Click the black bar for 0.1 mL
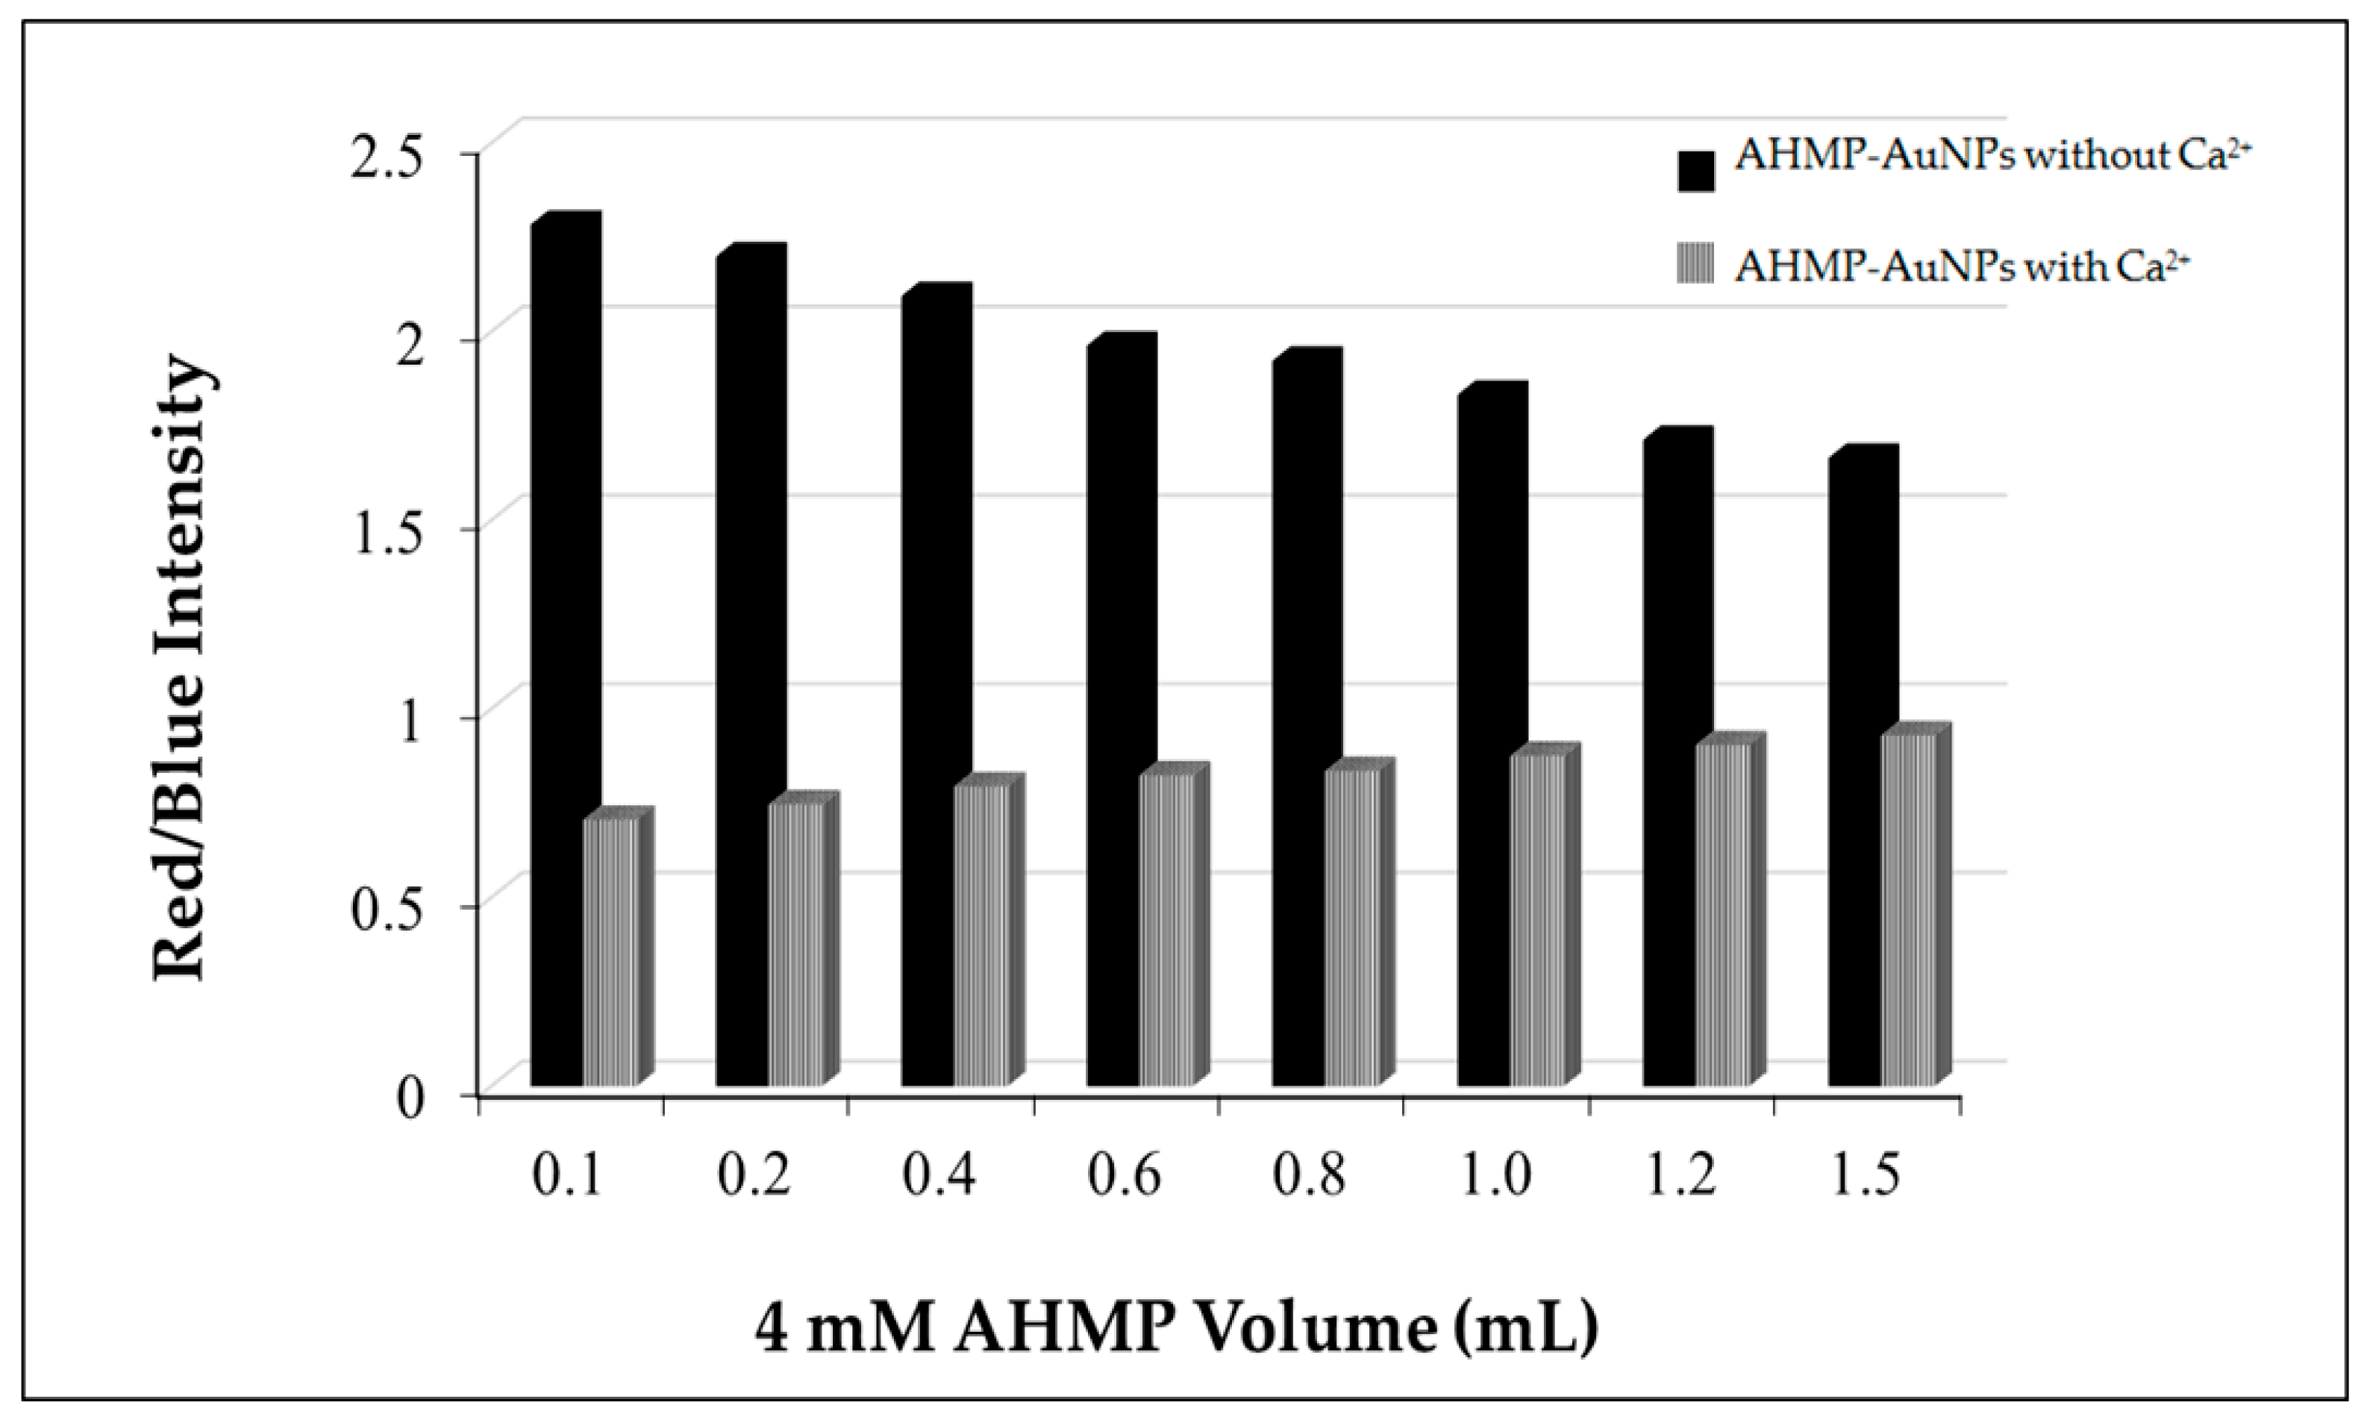click(x=559, y=659)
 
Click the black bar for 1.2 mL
click(x=1671, y=764)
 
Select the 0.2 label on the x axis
click(x=754, y=1177)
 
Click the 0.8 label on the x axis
click(x=1310, y=1177)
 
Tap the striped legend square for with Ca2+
click(x=1695, y=264)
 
